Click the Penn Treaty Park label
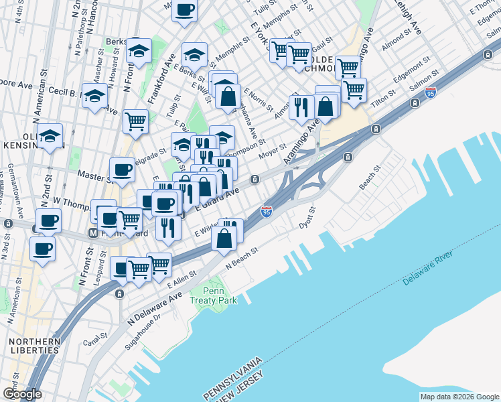(218, 296)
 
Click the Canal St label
(96, 338)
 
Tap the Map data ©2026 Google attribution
(459, 397)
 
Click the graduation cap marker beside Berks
(139, 51)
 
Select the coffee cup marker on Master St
(122, 170)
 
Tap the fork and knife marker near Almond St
(301, 106)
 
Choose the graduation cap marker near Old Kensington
(50, 137)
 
